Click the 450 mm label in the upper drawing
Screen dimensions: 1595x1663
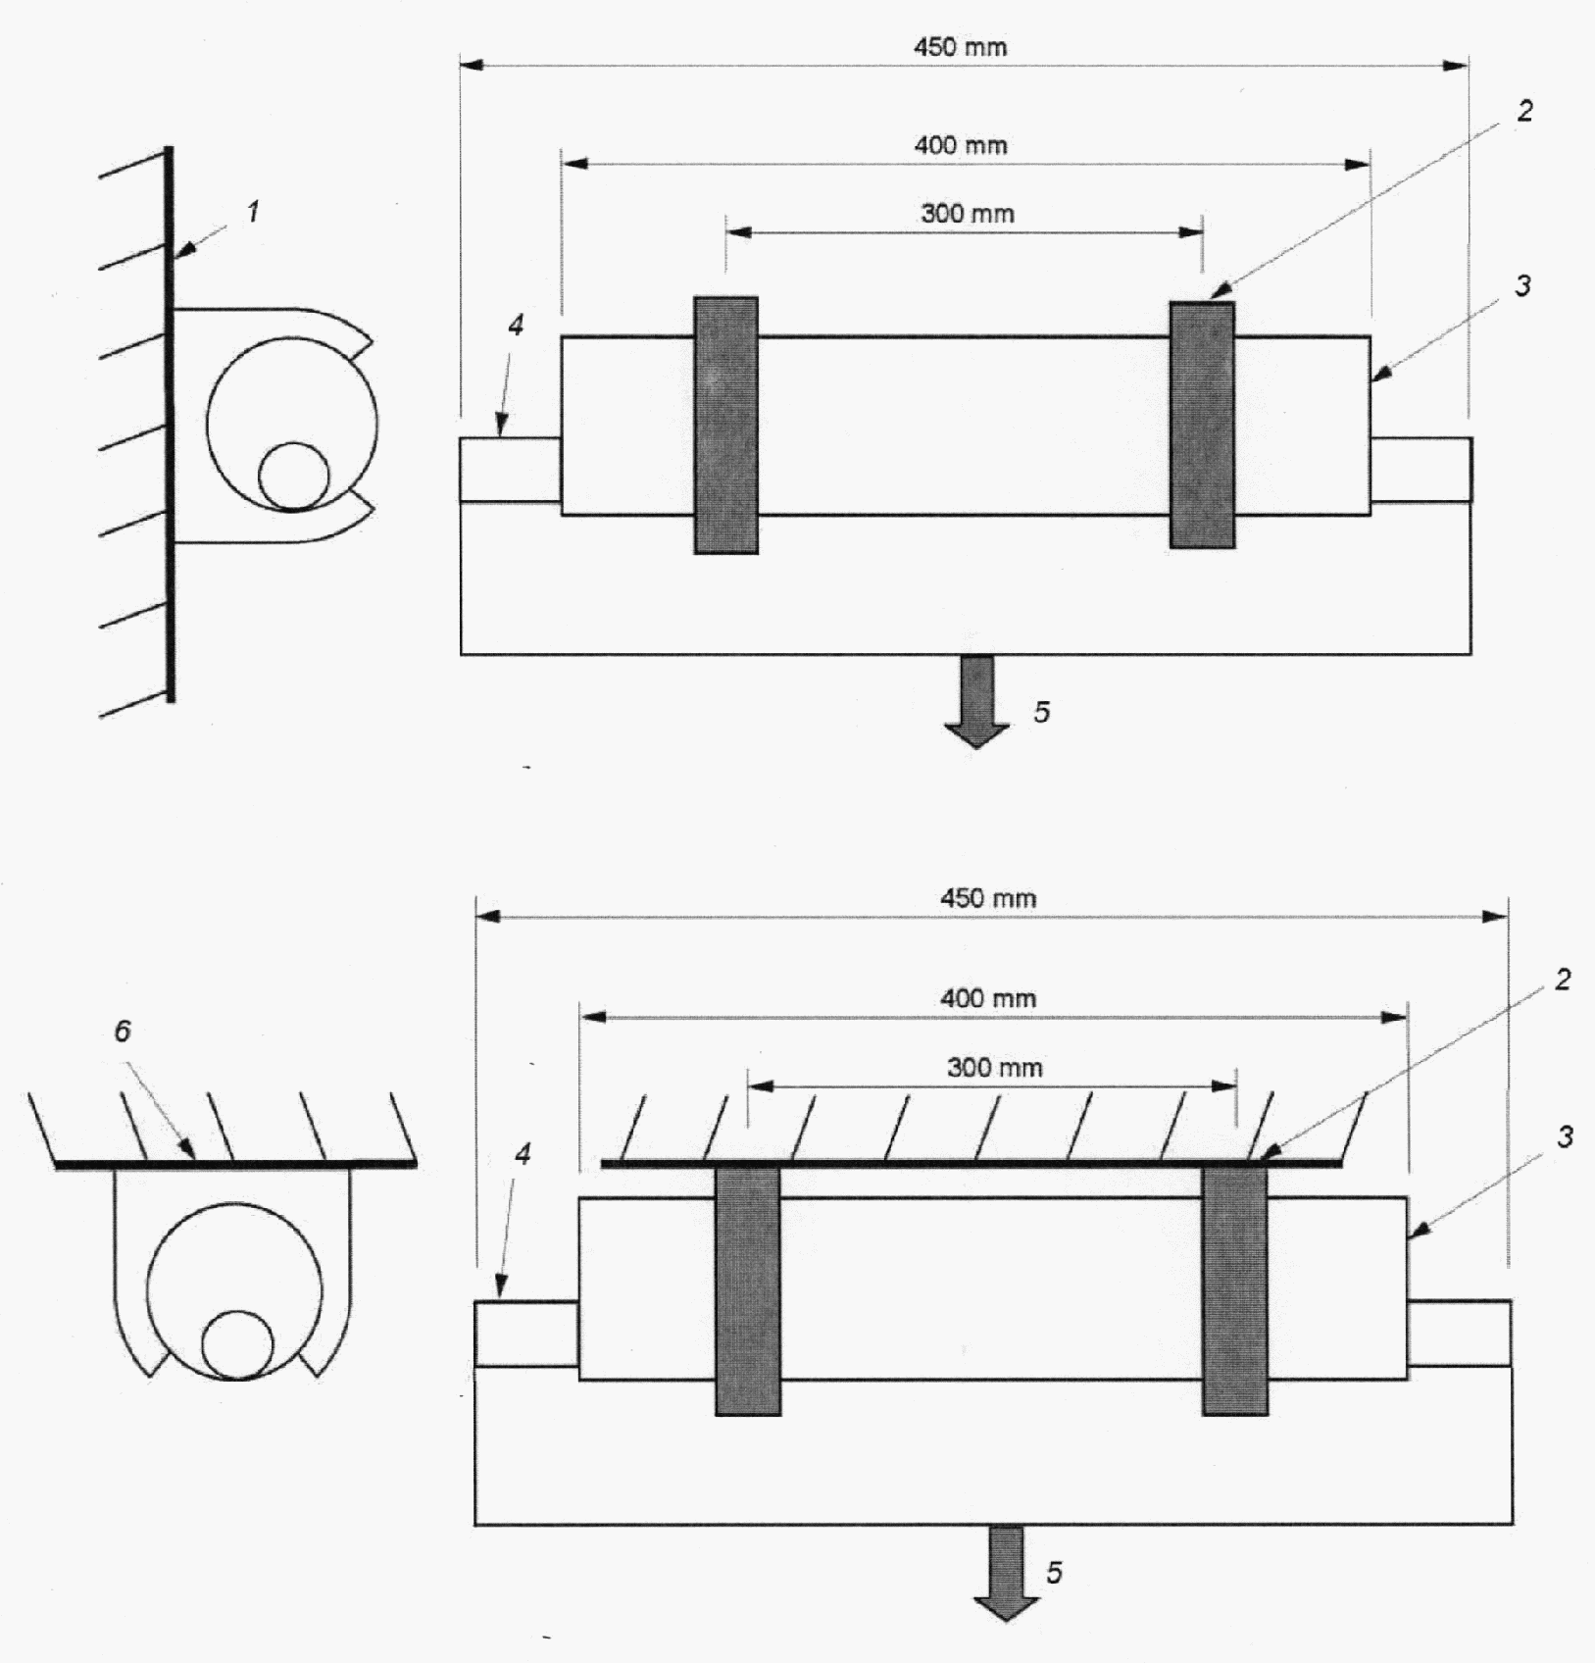960,47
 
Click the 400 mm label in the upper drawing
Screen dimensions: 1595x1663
961,146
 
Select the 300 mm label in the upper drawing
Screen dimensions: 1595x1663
968,214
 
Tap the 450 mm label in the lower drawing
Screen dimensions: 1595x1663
988,898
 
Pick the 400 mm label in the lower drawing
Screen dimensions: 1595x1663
988,999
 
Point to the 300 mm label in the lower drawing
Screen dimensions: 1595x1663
994,1068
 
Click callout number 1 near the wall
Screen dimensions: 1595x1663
253,211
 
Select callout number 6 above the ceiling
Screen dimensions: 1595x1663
123,1032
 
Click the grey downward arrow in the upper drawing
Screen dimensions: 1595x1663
976,702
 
